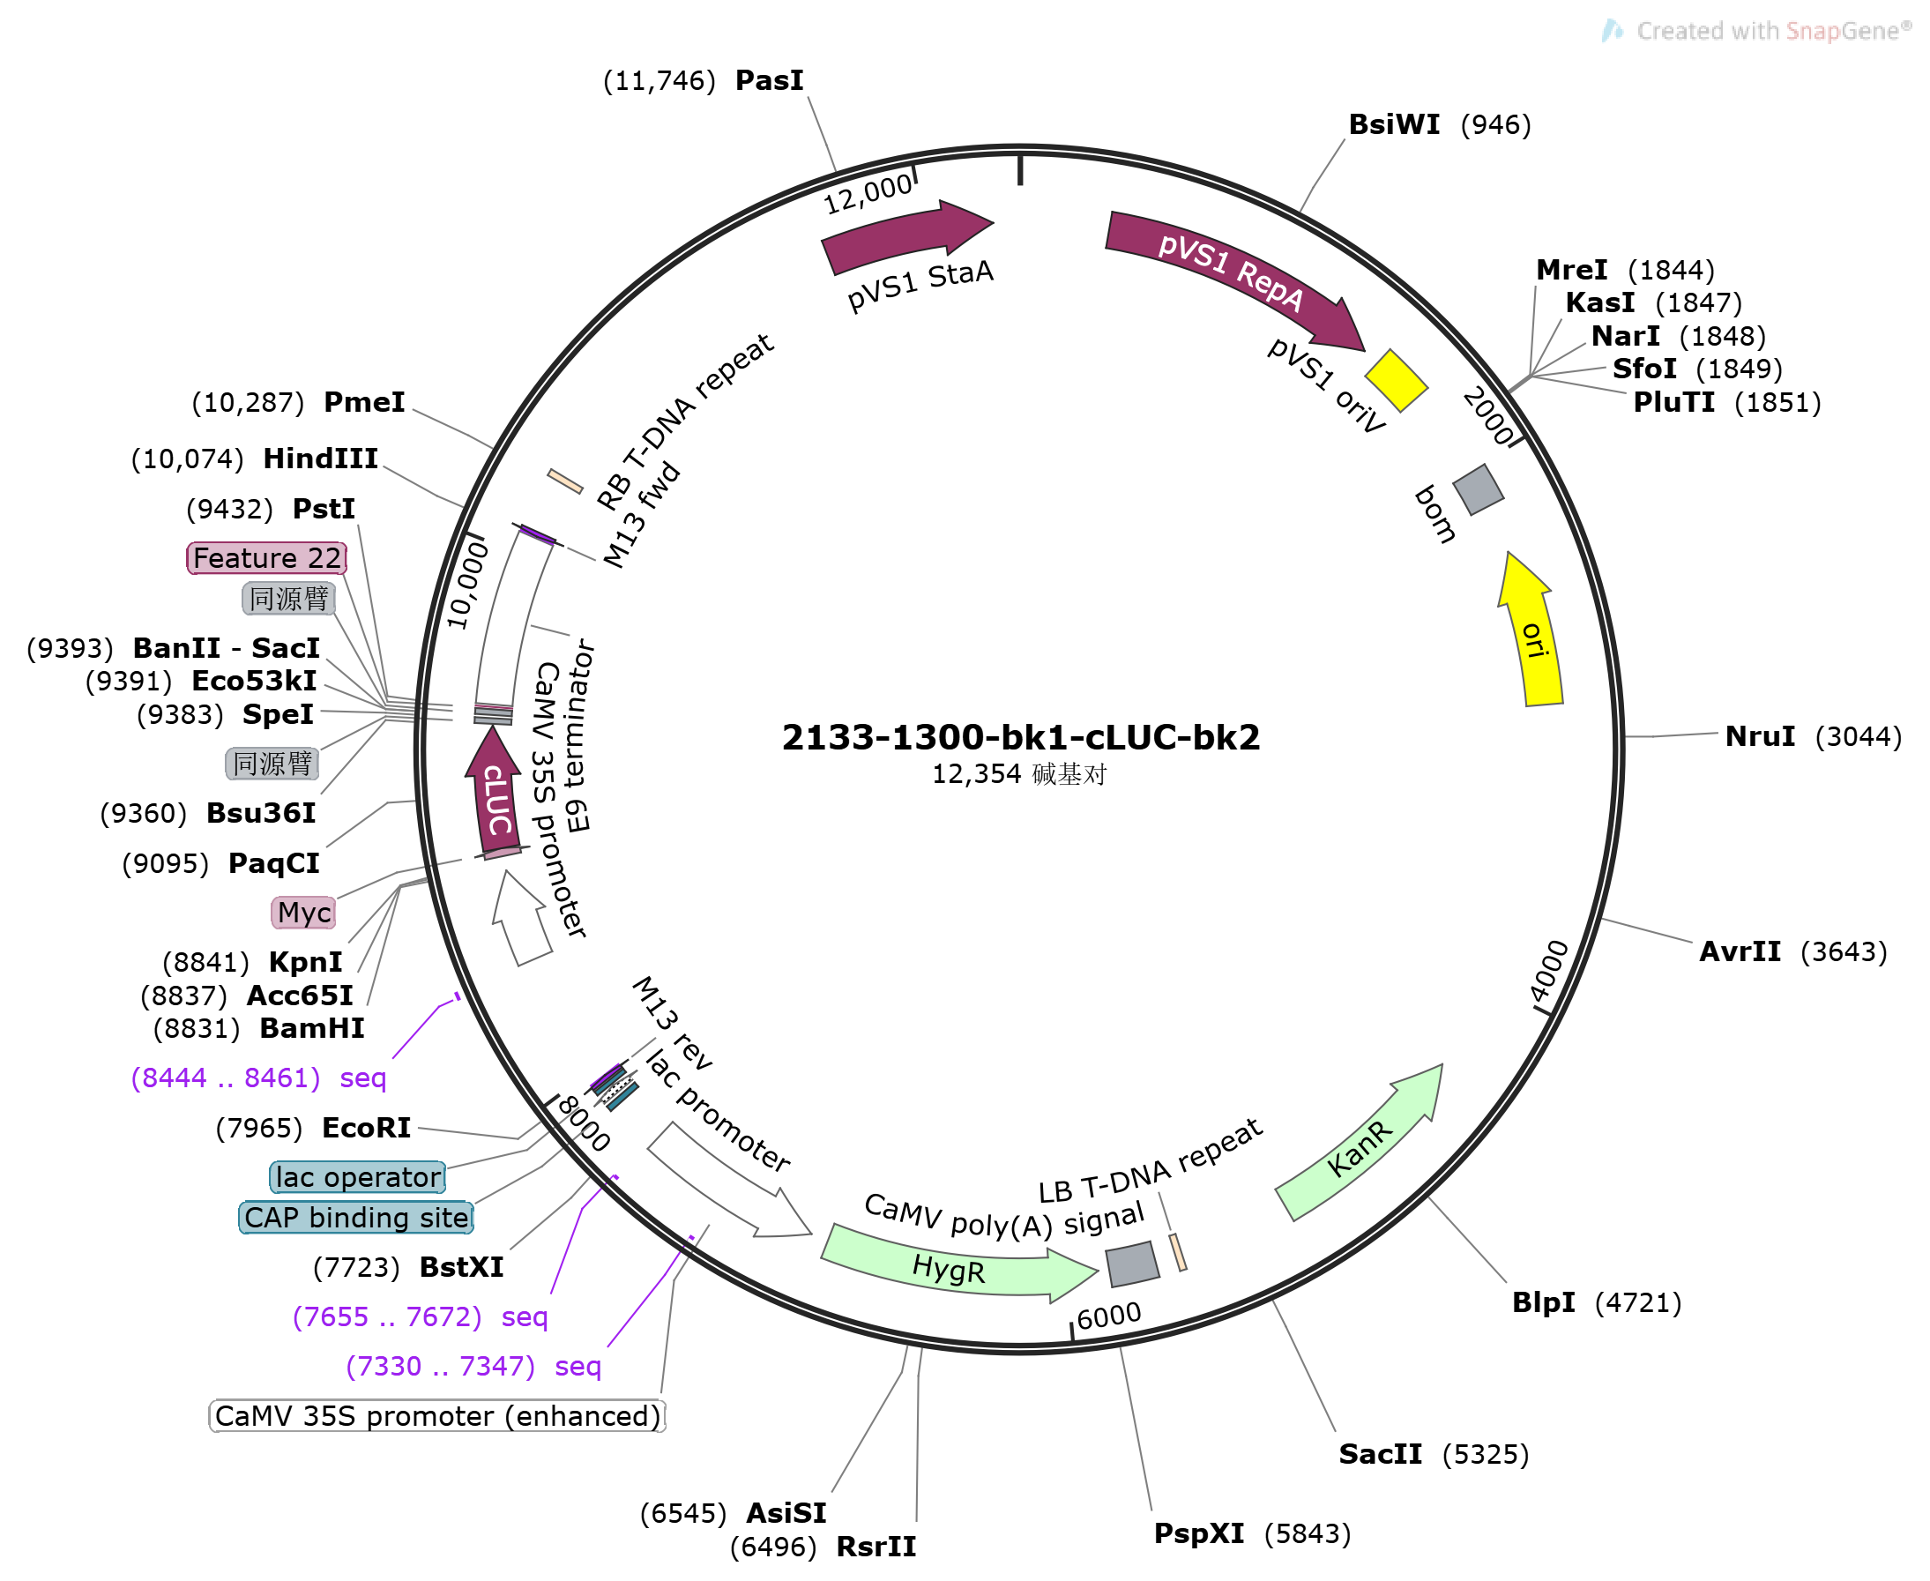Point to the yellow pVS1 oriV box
[x=1397, y=381]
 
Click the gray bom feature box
[x=1479, y=490]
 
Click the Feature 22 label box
[x=267, y=558]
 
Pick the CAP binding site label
[x=356, y=1219]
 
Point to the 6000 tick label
[x=1109, y=1316]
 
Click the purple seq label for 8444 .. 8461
[x=259, y=1078]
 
